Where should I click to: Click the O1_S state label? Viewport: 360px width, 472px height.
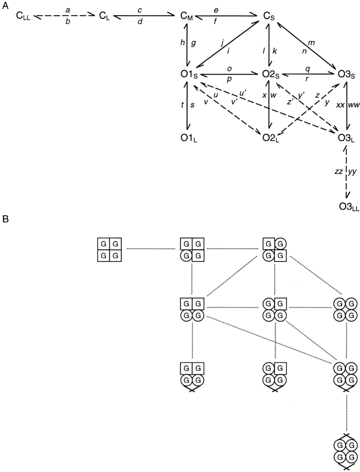pos(187,76)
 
